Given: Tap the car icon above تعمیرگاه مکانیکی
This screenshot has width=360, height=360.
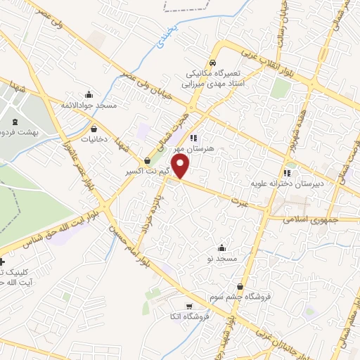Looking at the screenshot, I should [213, 62].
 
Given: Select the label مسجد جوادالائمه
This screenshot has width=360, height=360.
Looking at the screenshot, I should [89, 105].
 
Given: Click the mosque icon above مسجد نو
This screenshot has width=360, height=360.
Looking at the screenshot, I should [222, 248].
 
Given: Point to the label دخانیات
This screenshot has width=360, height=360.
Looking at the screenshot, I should [93, 139].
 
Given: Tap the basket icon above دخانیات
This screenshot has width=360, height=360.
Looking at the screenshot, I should [94, 128].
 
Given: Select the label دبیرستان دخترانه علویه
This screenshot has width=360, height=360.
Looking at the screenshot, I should [287, 184].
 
